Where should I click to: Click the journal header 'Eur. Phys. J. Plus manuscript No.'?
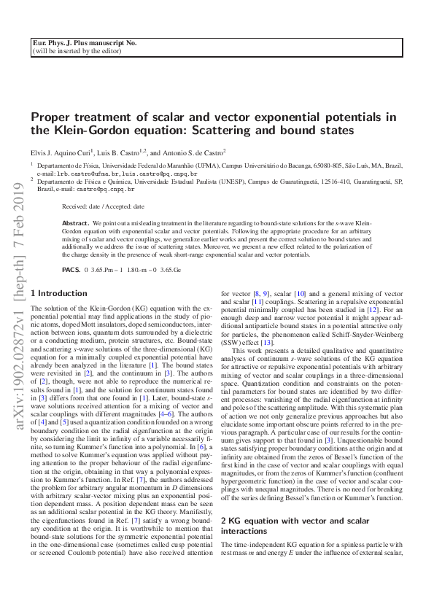85,44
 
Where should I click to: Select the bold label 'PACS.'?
71,269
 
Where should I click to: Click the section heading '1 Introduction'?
58,293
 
